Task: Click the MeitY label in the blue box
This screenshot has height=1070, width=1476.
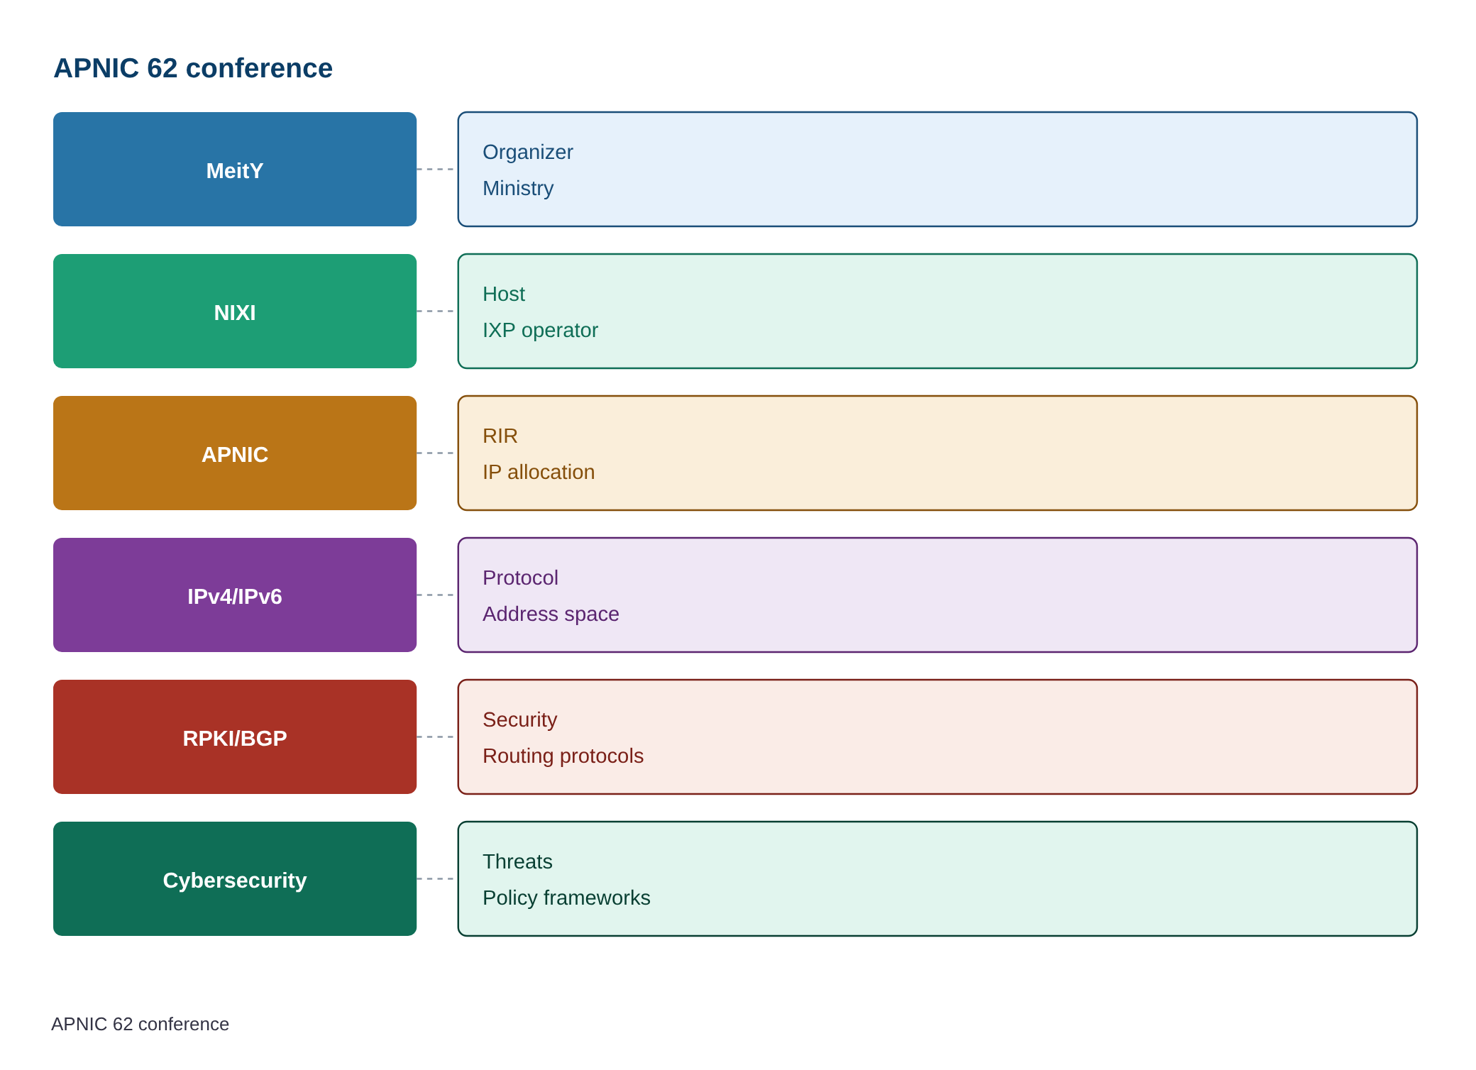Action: pos(235,170)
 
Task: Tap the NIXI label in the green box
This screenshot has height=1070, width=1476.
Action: pos(235,312)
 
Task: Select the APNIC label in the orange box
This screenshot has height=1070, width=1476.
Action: pos(235,454)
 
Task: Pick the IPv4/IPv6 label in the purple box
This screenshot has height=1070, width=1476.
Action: pos(235,596)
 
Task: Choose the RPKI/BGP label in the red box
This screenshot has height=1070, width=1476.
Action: pos(235,738)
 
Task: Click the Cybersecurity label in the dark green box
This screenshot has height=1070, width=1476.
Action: pos(235,880)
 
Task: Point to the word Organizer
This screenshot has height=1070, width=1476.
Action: pos(528,153)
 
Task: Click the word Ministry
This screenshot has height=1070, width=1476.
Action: pos(518,188)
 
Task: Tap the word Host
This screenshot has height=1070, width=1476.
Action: pos(504,294)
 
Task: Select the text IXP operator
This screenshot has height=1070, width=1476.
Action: pos(540,330)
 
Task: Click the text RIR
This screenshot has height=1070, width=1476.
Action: pos(500,436)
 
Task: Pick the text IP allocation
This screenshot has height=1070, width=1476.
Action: pos(539,472)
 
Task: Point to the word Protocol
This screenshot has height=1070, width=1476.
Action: pos(520,578)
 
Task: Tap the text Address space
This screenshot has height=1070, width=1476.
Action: pos(551,614)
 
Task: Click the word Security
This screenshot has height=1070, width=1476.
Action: pos(520,720)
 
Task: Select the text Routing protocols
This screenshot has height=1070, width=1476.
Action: pos(563,756)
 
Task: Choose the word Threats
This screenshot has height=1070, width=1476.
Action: pos(517,861)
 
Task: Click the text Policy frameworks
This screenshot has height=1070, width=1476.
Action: pos(566,898)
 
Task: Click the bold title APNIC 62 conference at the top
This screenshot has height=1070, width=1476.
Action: pos(193,68)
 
